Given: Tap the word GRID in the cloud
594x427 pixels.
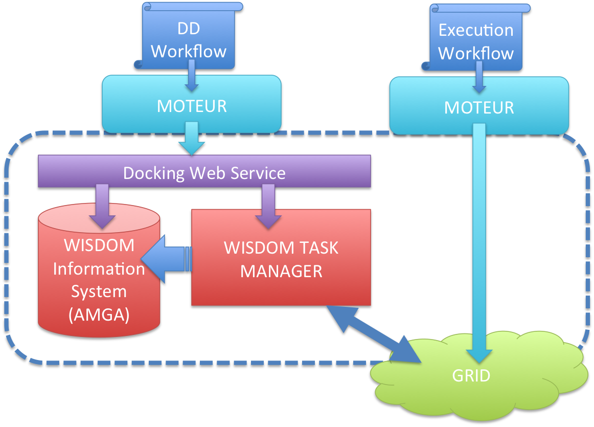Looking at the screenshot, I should click(x=471, y=376).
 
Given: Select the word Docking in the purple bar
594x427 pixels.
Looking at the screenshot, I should click(x=154, y=173).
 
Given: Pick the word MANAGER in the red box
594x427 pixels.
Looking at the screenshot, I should click(x=281, y=271).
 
